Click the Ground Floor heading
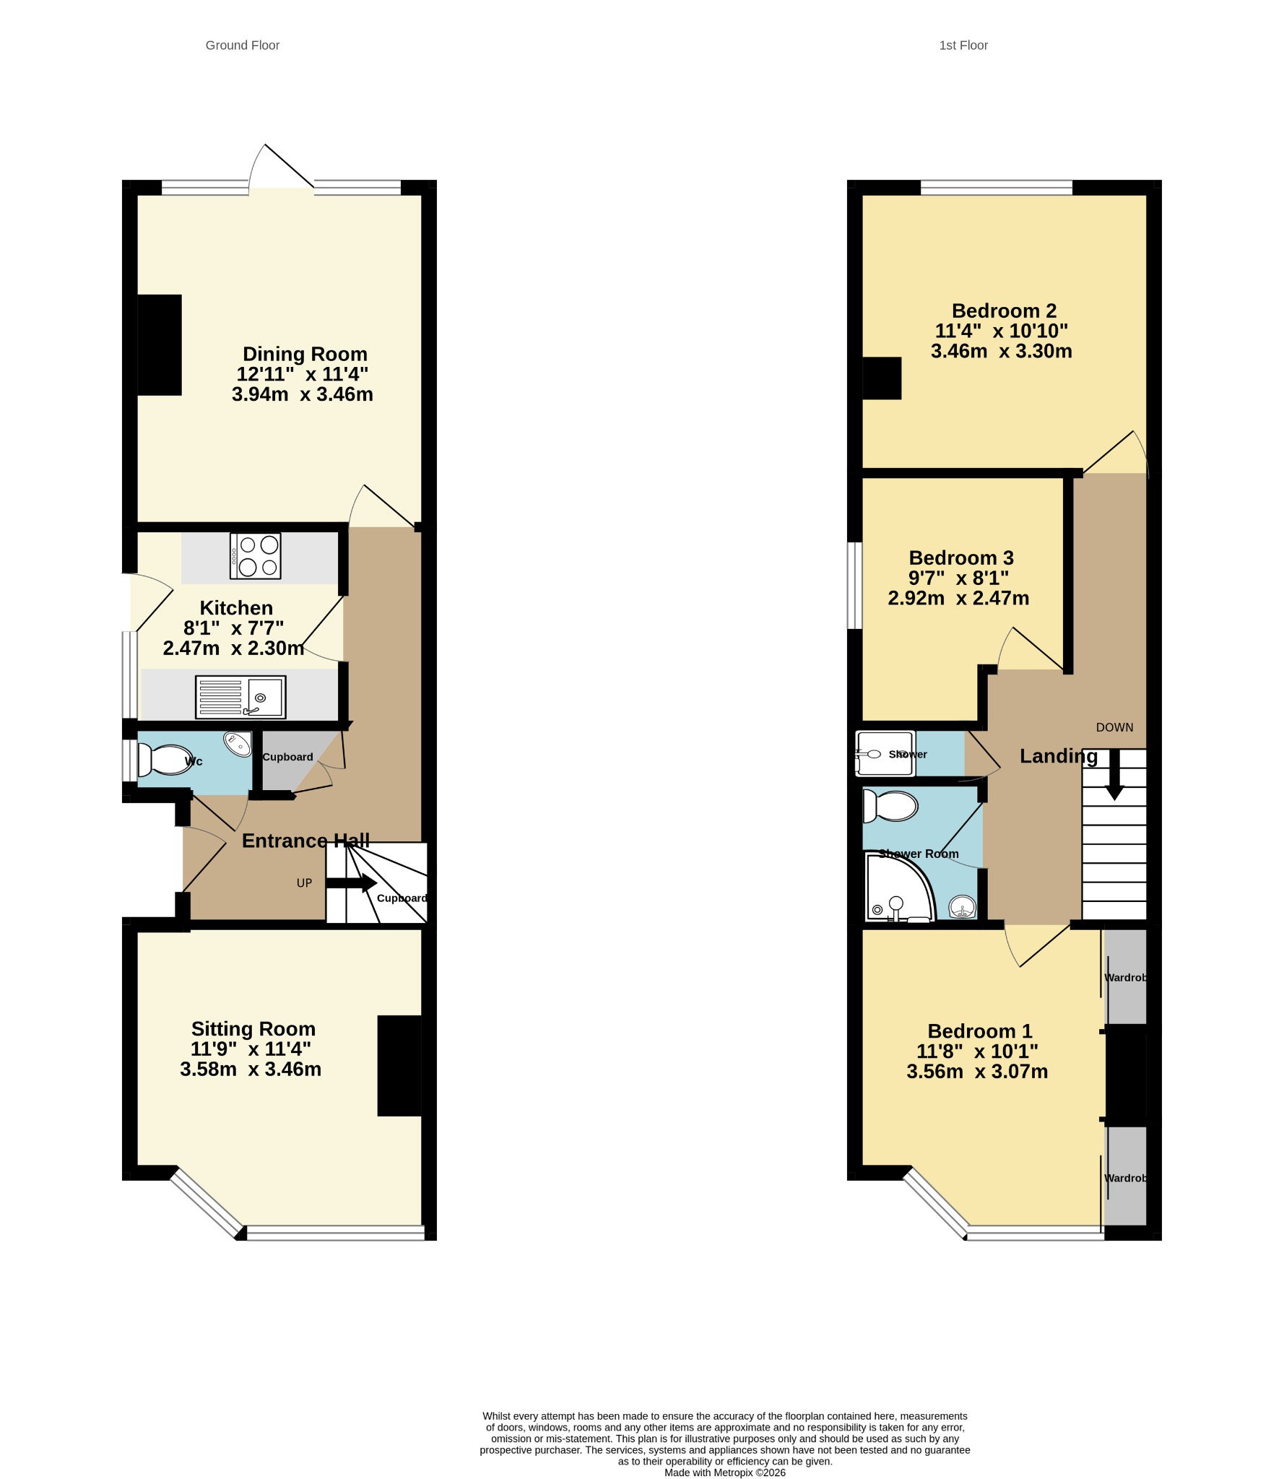point(242,45)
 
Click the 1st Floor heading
point(963,45)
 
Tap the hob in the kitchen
point(255,556)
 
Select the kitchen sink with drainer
point(240,697)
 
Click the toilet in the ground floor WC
point(165,760)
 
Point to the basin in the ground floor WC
point(238,744)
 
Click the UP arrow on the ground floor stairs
point(351,882)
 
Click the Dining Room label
point(305,354)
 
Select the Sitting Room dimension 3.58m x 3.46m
point(251,1069)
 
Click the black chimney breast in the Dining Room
point(159,344)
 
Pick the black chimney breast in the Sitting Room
point(399,1066)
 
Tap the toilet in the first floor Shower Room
point(890,807)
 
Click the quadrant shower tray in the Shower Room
point(900,888)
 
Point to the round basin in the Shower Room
point(962,906)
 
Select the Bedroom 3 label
point(961,558)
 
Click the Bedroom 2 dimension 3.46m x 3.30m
point(1002,351)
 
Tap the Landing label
point(1059,756)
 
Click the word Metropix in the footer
point(733,1473)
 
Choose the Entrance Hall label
point(305,841)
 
